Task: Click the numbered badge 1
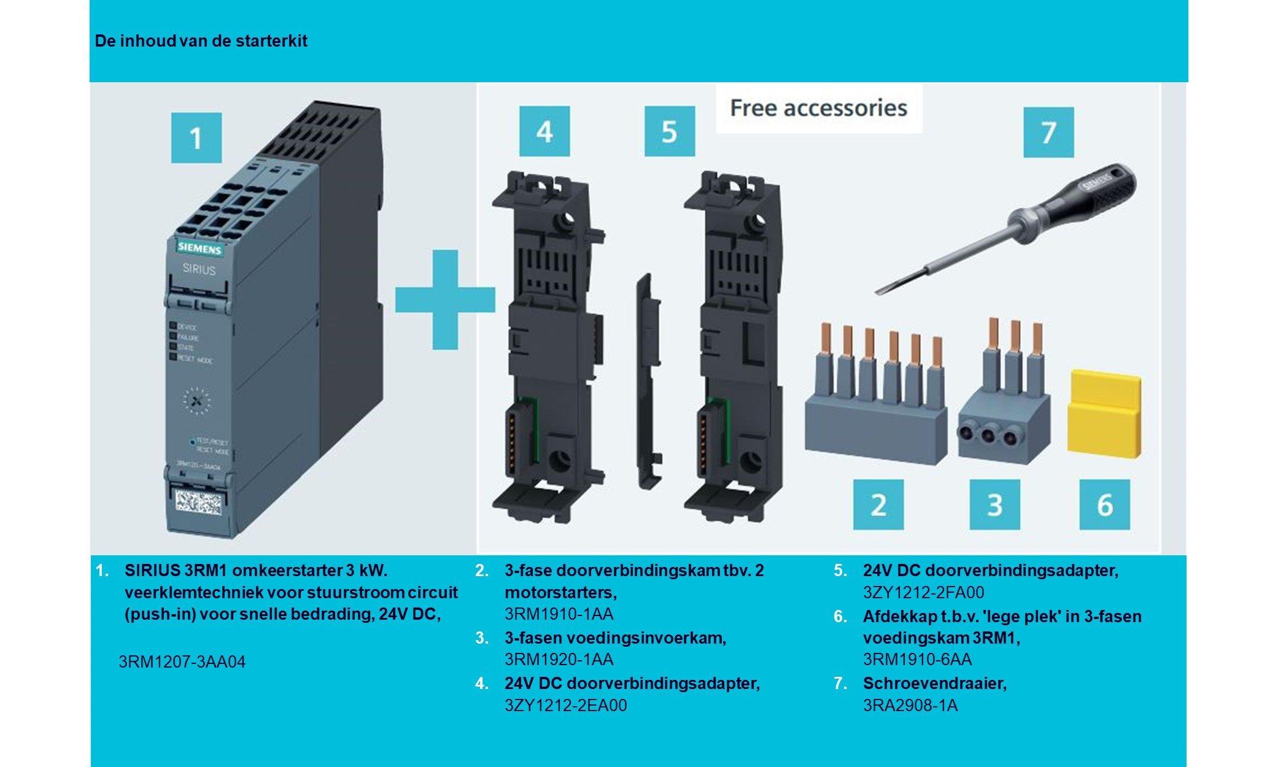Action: coord(196,137)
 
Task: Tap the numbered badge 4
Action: coord(544,131)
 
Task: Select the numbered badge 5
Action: coord(669,131)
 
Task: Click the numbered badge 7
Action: coord(1048,132)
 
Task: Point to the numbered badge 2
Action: coord(878,504)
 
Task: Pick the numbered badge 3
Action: coord(994,504)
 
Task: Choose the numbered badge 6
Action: coord(1104,504)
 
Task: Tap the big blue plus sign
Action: coord(444,299)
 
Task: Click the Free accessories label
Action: coord(818,108)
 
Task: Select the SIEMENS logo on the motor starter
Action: coord(200,249)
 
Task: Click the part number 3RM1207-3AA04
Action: coord(182,662)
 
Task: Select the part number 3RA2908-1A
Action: coord(910,705)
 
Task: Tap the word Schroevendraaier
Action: coord(934,683)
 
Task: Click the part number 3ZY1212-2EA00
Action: coord(565,705)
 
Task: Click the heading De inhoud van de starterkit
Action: coord(201,41)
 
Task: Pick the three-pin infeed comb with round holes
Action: coord(1003,417)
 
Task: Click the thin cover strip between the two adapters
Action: coord(648,380)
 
